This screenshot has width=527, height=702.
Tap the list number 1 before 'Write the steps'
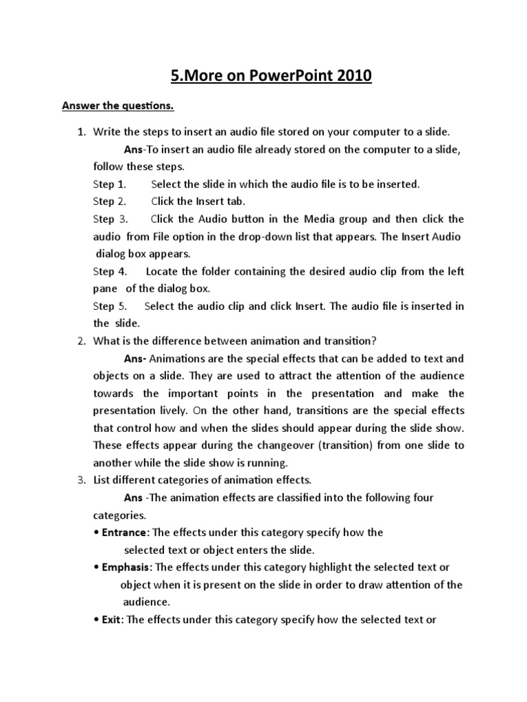point(80,131)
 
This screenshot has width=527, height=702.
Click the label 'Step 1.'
point(110,184)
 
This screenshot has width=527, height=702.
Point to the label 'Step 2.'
point(110,202)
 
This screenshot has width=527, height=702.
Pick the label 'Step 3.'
point(110,219)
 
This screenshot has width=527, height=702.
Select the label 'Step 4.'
point(110,271)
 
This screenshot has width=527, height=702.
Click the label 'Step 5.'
point(110,306)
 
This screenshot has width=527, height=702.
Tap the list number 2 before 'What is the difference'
point(80,341)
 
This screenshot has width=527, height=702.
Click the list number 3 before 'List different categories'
point(80,480)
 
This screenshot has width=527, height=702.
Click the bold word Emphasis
point(127,567)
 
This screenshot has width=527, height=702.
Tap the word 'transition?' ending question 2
point(350,341)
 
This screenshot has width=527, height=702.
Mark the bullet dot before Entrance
point(95,533)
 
